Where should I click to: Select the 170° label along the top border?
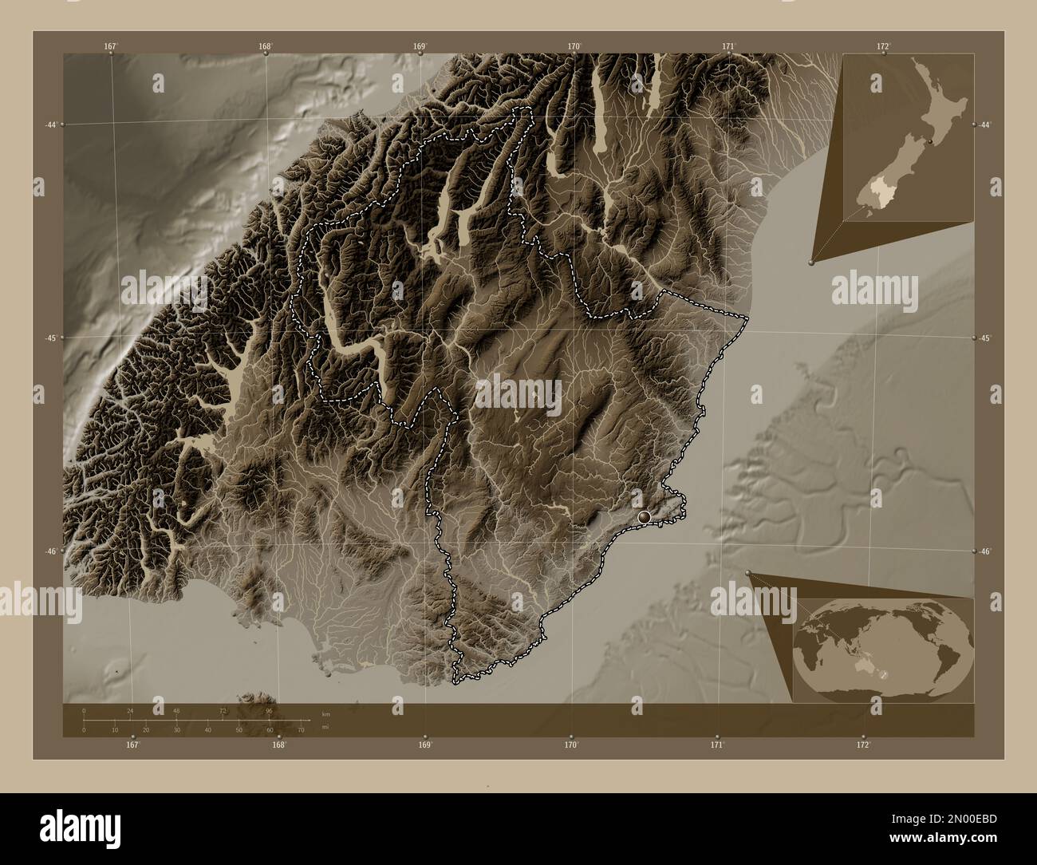(x=574, y=46)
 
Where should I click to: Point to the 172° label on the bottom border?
(x=863, y=745)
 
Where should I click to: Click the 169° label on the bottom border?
(x=424, y=745)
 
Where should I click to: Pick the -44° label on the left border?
(x=51, y=125)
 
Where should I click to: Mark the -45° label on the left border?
(x=51, y=338)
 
